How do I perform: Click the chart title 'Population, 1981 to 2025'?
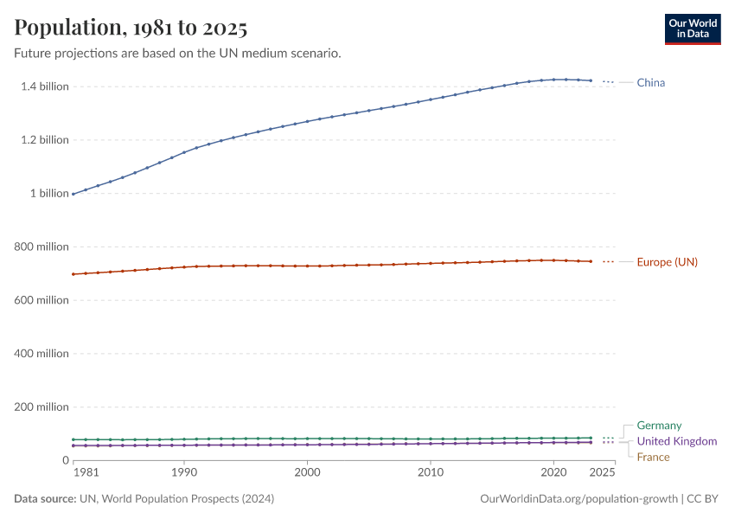tap(131, 28)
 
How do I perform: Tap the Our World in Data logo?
tap(692, 29)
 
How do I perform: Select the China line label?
tap(650, 83)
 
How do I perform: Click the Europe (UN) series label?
tap(667, 262)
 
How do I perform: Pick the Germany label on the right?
tap(659, 426)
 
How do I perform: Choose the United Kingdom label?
tap(676, 441)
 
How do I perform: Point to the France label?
tap(653, 457)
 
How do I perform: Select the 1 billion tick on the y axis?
tap(48, 194)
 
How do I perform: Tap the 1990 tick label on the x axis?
tap(183, 473)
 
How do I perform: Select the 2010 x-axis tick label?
tap(430, 473)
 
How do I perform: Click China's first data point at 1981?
tap(73, 194)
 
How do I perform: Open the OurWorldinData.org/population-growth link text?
tap(578, 499)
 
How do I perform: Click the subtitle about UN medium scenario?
tap(177, 54)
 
